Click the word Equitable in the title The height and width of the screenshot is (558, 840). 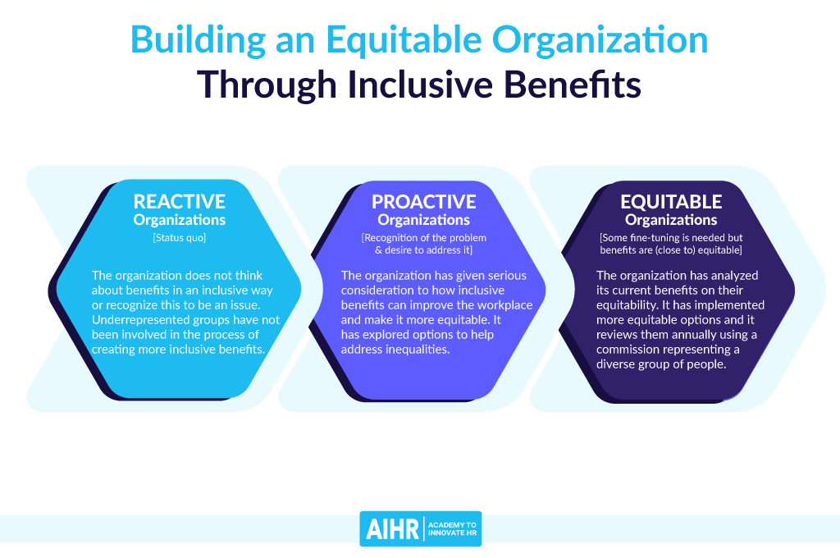(x=404, y=41)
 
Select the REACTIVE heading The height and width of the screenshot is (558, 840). (x=180, y=202)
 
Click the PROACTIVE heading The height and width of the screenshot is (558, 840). (x=424, y=202)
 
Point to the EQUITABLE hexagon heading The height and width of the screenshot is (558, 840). (x=671, y=202)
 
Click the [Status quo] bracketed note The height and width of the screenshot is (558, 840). (x=180, y=237)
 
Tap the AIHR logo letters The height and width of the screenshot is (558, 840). (x=392, y=529)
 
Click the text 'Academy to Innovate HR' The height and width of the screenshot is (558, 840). (x=452, y=529)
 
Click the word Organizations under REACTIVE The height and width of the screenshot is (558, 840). (x=180, y=220)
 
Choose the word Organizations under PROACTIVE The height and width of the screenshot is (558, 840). (x=424, y=220)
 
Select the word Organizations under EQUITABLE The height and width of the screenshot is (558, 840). (x=671, y=220)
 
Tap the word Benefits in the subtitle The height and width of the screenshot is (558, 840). (x=572, y=85)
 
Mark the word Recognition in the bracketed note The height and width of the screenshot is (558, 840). (x=388, y=237)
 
